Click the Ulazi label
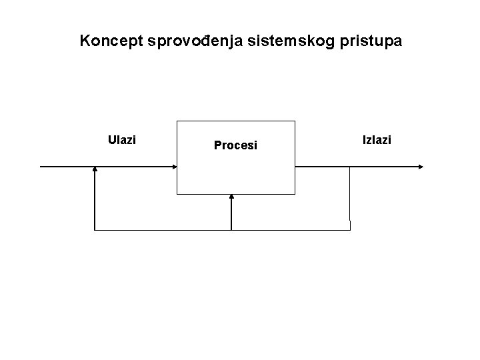(121, 140)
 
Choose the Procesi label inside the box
(235, 145)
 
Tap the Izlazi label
(377, 140)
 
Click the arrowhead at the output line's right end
(419, 167)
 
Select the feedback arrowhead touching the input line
(95, 171)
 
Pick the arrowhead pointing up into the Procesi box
(231, 197)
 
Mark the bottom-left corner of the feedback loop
(95, 230)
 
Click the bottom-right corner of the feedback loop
(349, 230)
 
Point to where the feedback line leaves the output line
(349, 167)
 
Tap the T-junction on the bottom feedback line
(231, 230)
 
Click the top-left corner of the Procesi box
(177, 121)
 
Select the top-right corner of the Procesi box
(294, 121)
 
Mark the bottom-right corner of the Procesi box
(294, 194)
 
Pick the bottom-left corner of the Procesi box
(177, 194)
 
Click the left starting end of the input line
(41, 167)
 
